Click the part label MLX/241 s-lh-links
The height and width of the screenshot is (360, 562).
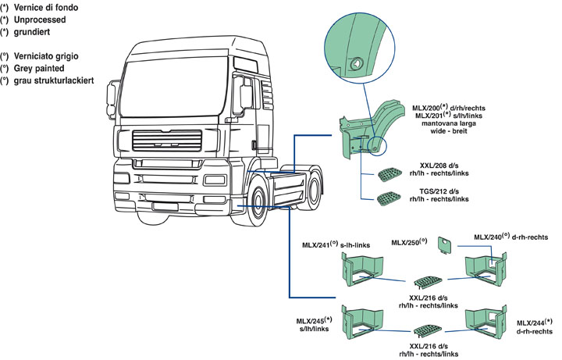[x=336, y=244]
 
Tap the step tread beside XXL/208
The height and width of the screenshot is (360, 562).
[x=388, y=173]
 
